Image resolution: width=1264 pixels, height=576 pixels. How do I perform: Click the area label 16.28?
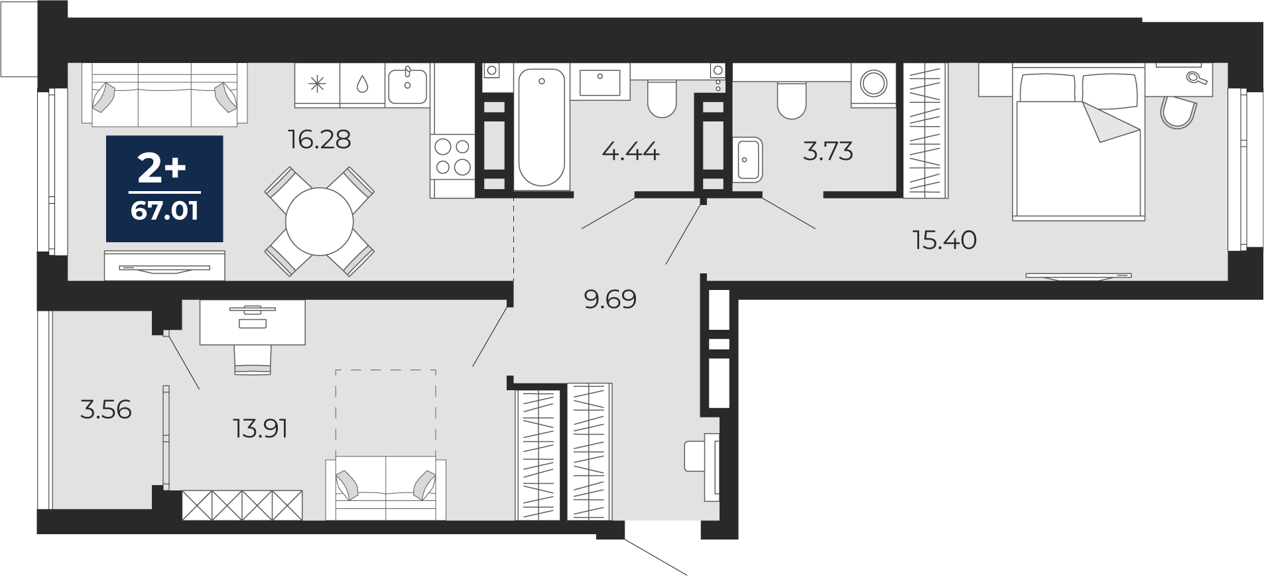319,139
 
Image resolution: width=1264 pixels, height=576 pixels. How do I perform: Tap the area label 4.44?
631,151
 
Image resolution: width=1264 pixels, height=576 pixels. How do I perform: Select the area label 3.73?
828,151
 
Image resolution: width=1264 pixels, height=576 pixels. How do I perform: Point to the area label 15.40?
944,240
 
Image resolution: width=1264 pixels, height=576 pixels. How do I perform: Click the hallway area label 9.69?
610,299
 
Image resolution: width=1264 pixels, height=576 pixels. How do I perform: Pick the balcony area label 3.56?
106,409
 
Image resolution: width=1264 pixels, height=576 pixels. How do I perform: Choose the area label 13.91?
260,429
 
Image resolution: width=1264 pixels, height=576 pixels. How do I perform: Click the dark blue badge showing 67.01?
164,188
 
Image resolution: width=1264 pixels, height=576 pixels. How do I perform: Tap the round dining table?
319,222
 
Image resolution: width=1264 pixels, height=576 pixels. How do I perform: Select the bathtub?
542,127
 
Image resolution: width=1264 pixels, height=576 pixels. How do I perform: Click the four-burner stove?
453,157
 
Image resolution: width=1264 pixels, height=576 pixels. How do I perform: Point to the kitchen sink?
407,84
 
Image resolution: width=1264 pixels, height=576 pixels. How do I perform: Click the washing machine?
873,84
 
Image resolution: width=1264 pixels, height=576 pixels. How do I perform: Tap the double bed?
1079,143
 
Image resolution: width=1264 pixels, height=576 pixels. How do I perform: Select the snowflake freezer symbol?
318,84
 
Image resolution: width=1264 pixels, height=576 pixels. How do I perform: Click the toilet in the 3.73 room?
791,100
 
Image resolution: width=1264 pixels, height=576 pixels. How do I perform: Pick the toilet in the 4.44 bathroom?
661,99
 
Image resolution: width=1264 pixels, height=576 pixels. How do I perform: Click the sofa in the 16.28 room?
164,94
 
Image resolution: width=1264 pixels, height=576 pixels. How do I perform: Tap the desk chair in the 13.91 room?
253,360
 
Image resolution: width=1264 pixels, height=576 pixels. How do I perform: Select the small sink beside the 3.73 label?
747,159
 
